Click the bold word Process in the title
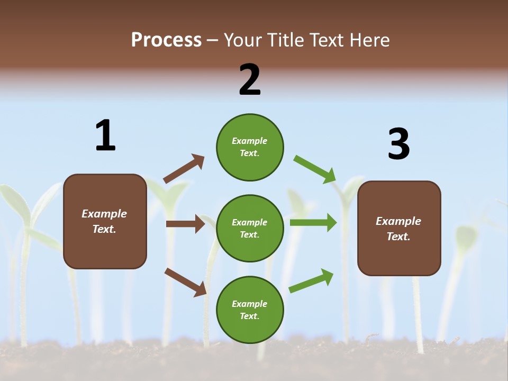coord(166,40)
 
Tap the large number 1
coord(105,135)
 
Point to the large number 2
coord(250,80)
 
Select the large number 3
coord(398,144)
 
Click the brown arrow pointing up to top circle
coord(184,169)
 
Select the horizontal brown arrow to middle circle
coord(185,224)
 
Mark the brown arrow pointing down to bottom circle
coord(185,282)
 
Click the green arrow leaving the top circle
coord(315,169)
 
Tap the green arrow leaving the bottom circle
coord(311,281)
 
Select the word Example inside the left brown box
coord(104,214)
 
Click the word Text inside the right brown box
coord(398,237)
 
